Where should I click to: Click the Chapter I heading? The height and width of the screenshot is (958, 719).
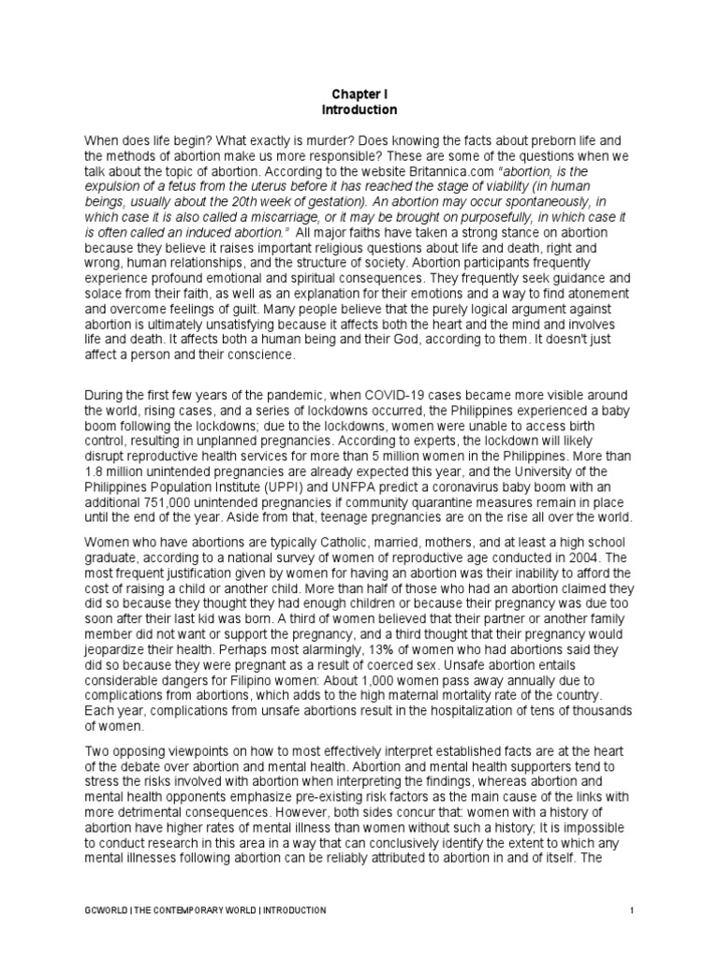tap(359, 94)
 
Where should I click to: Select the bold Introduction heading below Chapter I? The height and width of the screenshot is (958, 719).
tap(359, 109)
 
